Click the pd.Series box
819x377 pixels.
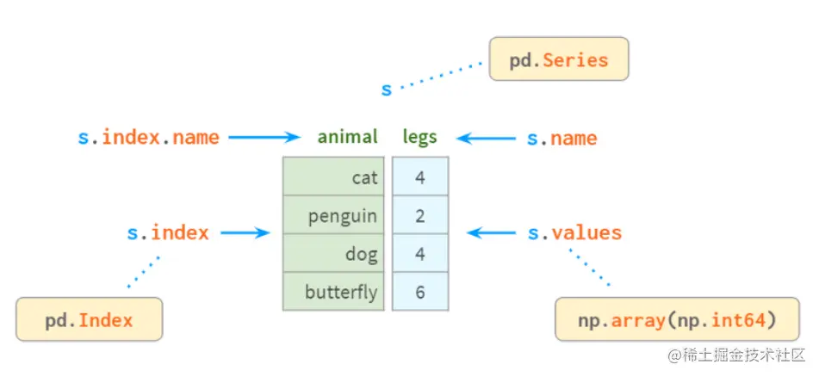tap(558, 61)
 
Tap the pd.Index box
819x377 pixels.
tap(89, 320)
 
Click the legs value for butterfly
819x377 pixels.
tap(420, 292)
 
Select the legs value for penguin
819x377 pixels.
tap(420, 215)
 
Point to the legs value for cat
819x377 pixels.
tap(420, 177)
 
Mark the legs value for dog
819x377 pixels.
tap(420, 253)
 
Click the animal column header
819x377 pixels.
tap(347, 137)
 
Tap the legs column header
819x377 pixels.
tap(419, 137)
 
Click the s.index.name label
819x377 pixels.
tap(148, 137)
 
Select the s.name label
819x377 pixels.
tap(562, 138)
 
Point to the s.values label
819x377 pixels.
tap(574, 232)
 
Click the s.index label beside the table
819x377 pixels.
tap(168, 232)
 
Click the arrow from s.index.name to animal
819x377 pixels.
tap(263, 137)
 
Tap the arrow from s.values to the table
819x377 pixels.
tap(492, 232)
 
